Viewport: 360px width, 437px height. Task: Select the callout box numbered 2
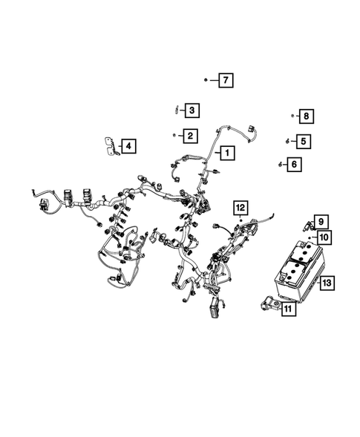click(191, 135)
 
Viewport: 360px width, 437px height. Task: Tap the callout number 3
click(191, 111)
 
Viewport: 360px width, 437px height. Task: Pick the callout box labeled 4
click(128, 146)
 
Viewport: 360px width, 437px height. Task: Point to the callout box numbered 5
click(303, 139)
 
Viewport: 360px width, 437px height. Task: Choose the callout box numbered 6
click(295, 164)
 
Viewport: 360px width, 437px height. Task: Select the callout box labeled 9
click(321, 221)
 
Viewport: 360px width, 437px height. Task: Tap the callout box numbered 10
click(324, 237)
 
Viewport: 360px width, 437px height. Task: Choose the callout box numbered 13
click(327, 282)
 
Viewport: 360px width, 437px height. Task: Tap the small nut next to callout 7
click(206, 79)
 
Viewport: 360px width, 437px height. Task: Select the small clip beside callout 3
click(175, 110)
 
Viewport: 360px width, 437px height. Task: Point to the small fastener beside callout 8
click(292, 116)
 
